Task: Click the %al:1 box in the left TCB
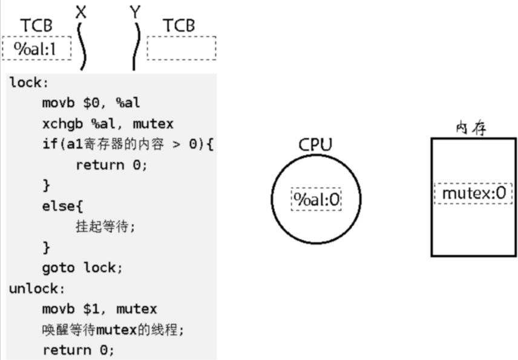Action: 36,48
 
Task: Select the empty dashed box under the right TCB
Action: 181,48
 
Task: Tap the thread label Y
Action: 135,11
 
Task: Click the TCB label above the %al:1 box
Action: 36,25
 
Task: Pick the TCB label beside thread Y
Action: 179,25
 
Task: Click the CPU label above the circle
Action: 315,145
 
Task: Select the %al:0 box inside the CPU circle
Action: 316,199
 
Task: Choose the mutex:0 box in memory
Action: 473,194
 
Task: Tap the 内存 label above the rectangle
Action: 471,128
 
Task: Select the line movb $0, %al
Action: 91,103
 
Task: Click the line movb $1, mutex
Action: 99,309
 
